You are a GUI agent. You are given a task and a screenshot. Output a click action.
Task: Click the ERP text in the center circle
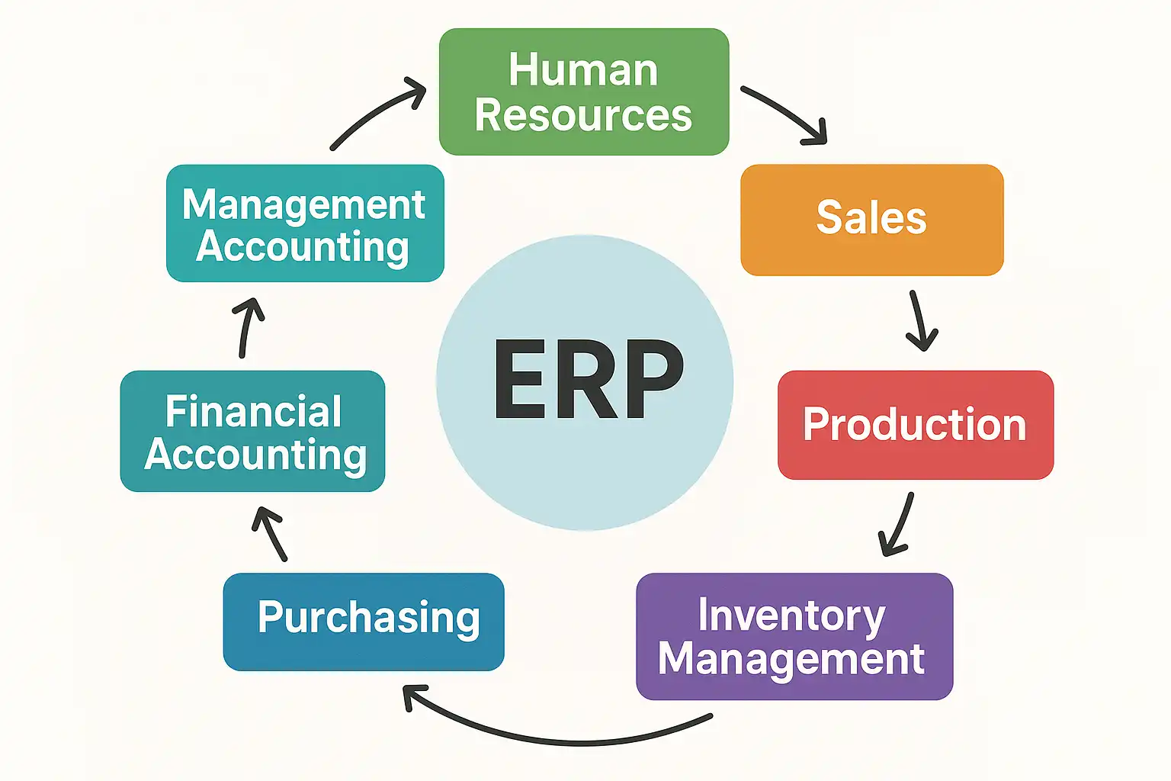click(x=588, y=380)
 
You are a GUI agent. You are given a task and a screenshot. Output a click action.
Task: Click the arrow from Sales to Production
click(x=919, y=320)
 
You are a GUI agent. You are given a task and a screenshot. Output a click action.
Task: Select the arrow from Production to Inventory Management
click(x=899, y=525)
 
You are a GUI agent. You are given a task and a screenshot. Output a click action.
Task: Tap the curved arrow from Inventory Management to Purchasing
click(x=557, y=737)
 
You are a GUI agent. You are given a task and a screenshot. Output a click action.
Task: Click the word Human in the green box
click(x=583, y=70)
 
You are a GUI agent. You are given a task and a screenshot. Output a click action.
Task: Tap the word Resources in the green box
click(x=583, y=116)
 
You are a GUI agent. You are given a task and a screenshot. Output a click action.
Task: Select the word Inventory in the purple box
click(x=791, y=616)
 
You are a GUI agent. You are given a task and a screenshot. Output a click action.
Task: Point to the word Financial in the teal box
click(x=253, y=413)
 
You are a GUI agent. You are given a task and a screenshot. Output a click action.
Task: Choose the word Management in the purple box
click(x=791, y=659)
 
